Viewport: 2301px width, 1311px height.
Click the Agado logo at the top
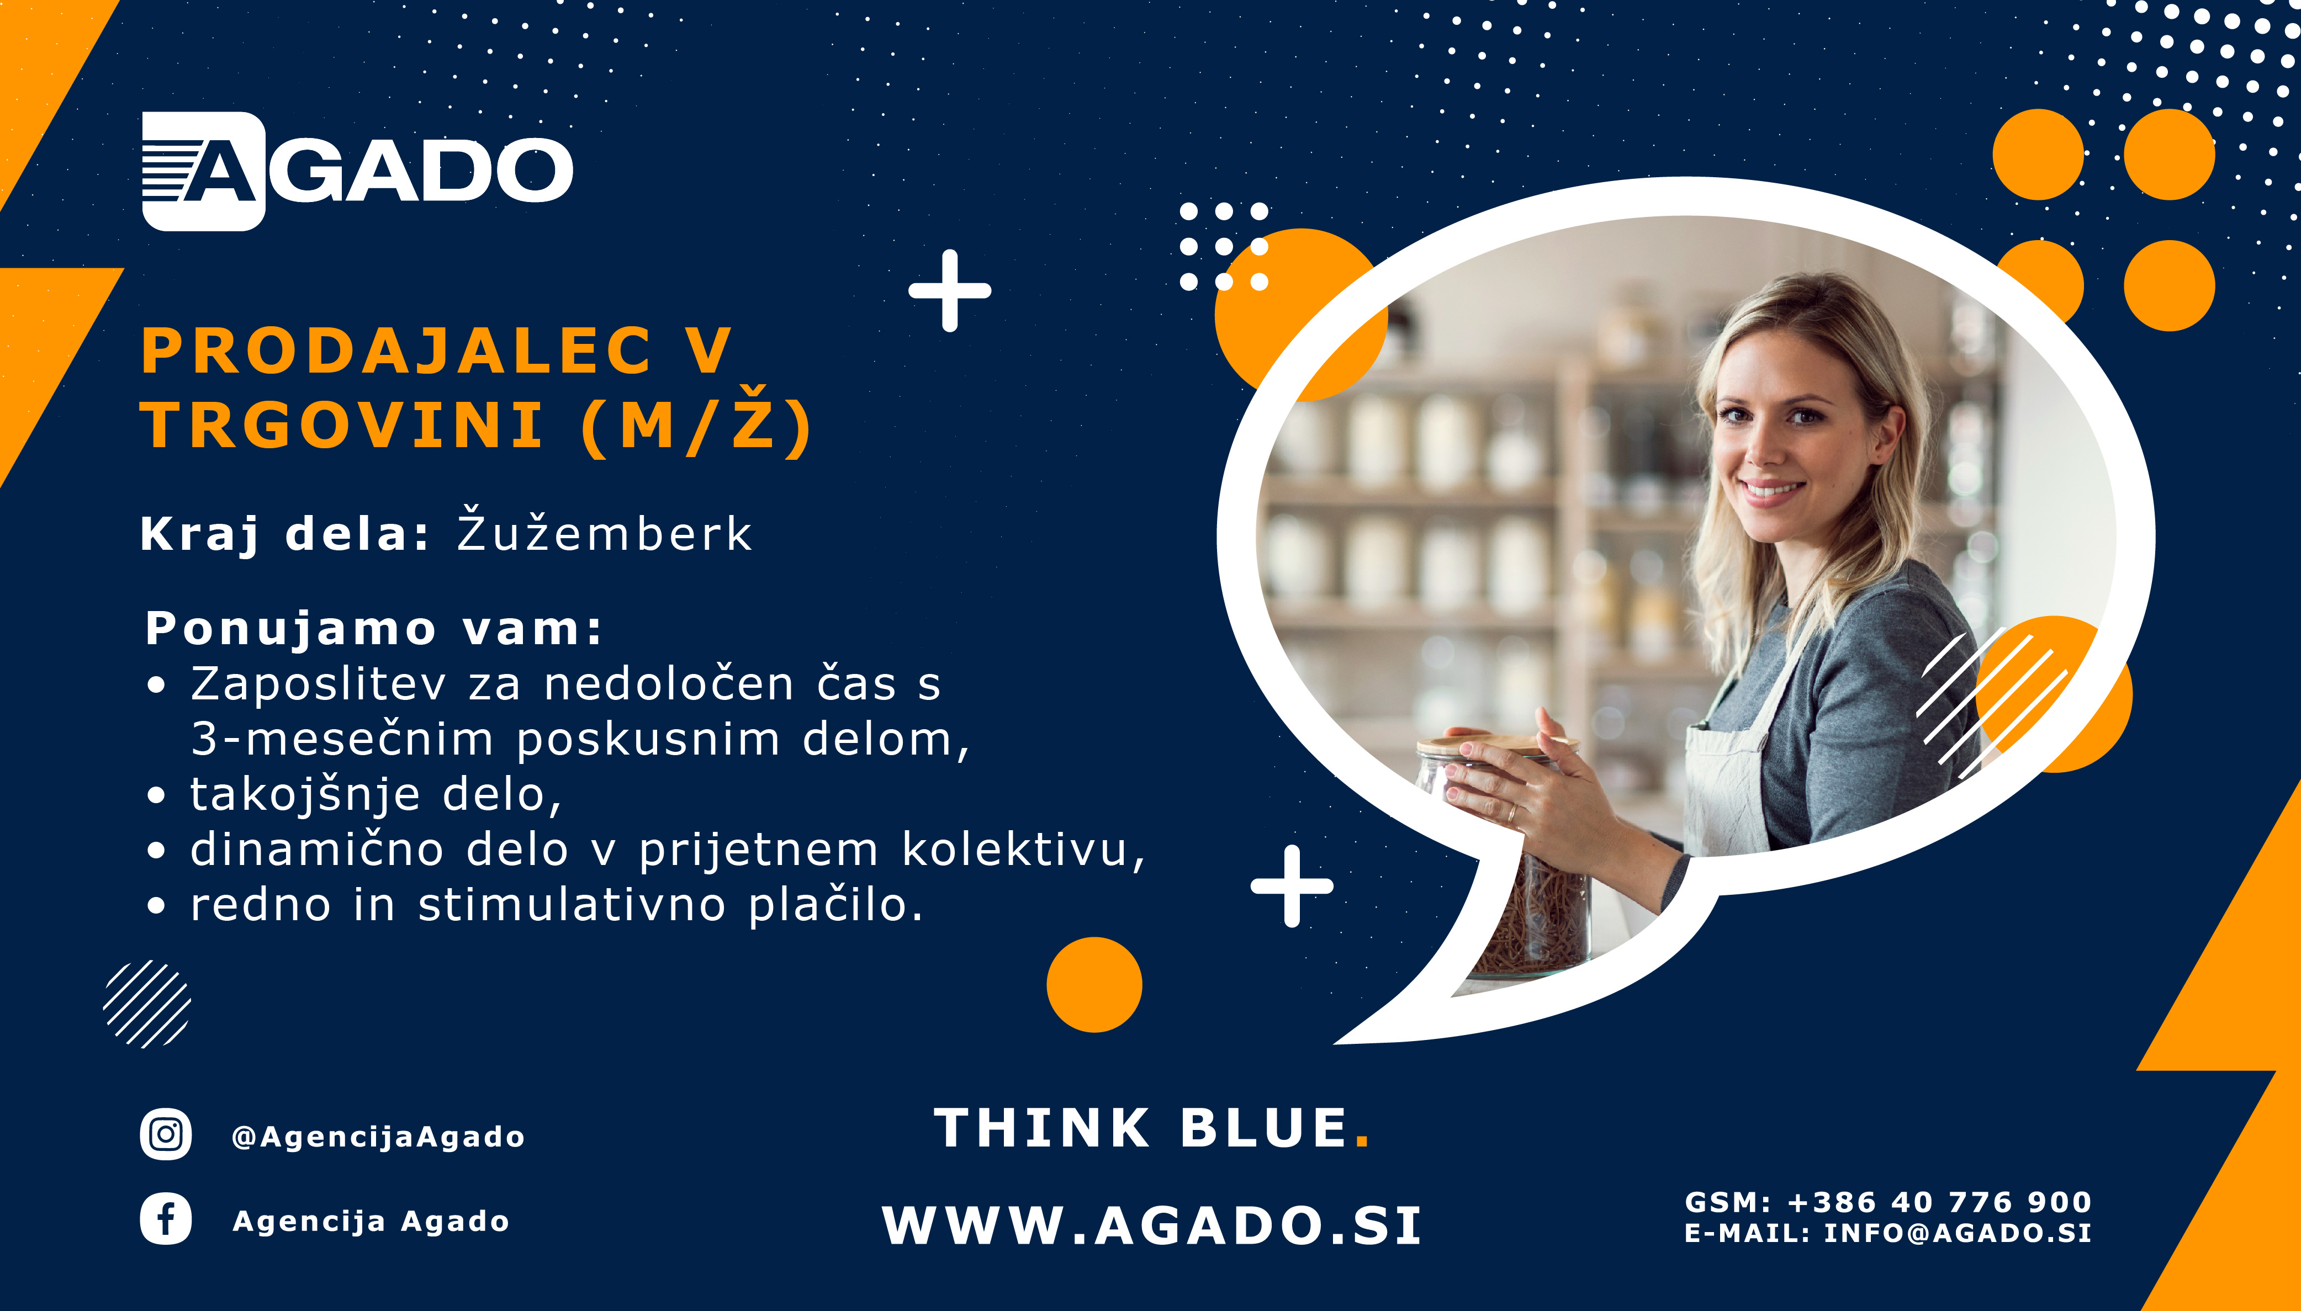pos(357,171)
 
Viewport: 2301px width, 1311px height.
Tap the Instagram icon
pos(166,1134)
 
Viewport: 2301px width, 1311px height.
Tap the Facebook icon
pos(166,1219)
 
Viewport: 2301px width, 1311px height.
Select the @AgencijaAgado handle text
pos(378,1137)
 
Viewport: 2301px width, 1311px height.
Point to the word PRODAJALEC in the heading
pos(396,351)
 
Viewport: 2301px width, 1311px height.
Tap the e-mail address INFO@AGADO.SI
pos(1957,1233)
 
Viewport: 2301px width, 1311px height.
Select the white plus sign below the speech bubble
pos(1292,886)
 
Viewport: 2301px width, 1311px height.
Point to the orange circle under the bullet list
pos(1094,984)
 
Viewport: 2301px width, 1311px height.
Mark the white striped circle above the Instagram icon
pos(147,1004)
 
